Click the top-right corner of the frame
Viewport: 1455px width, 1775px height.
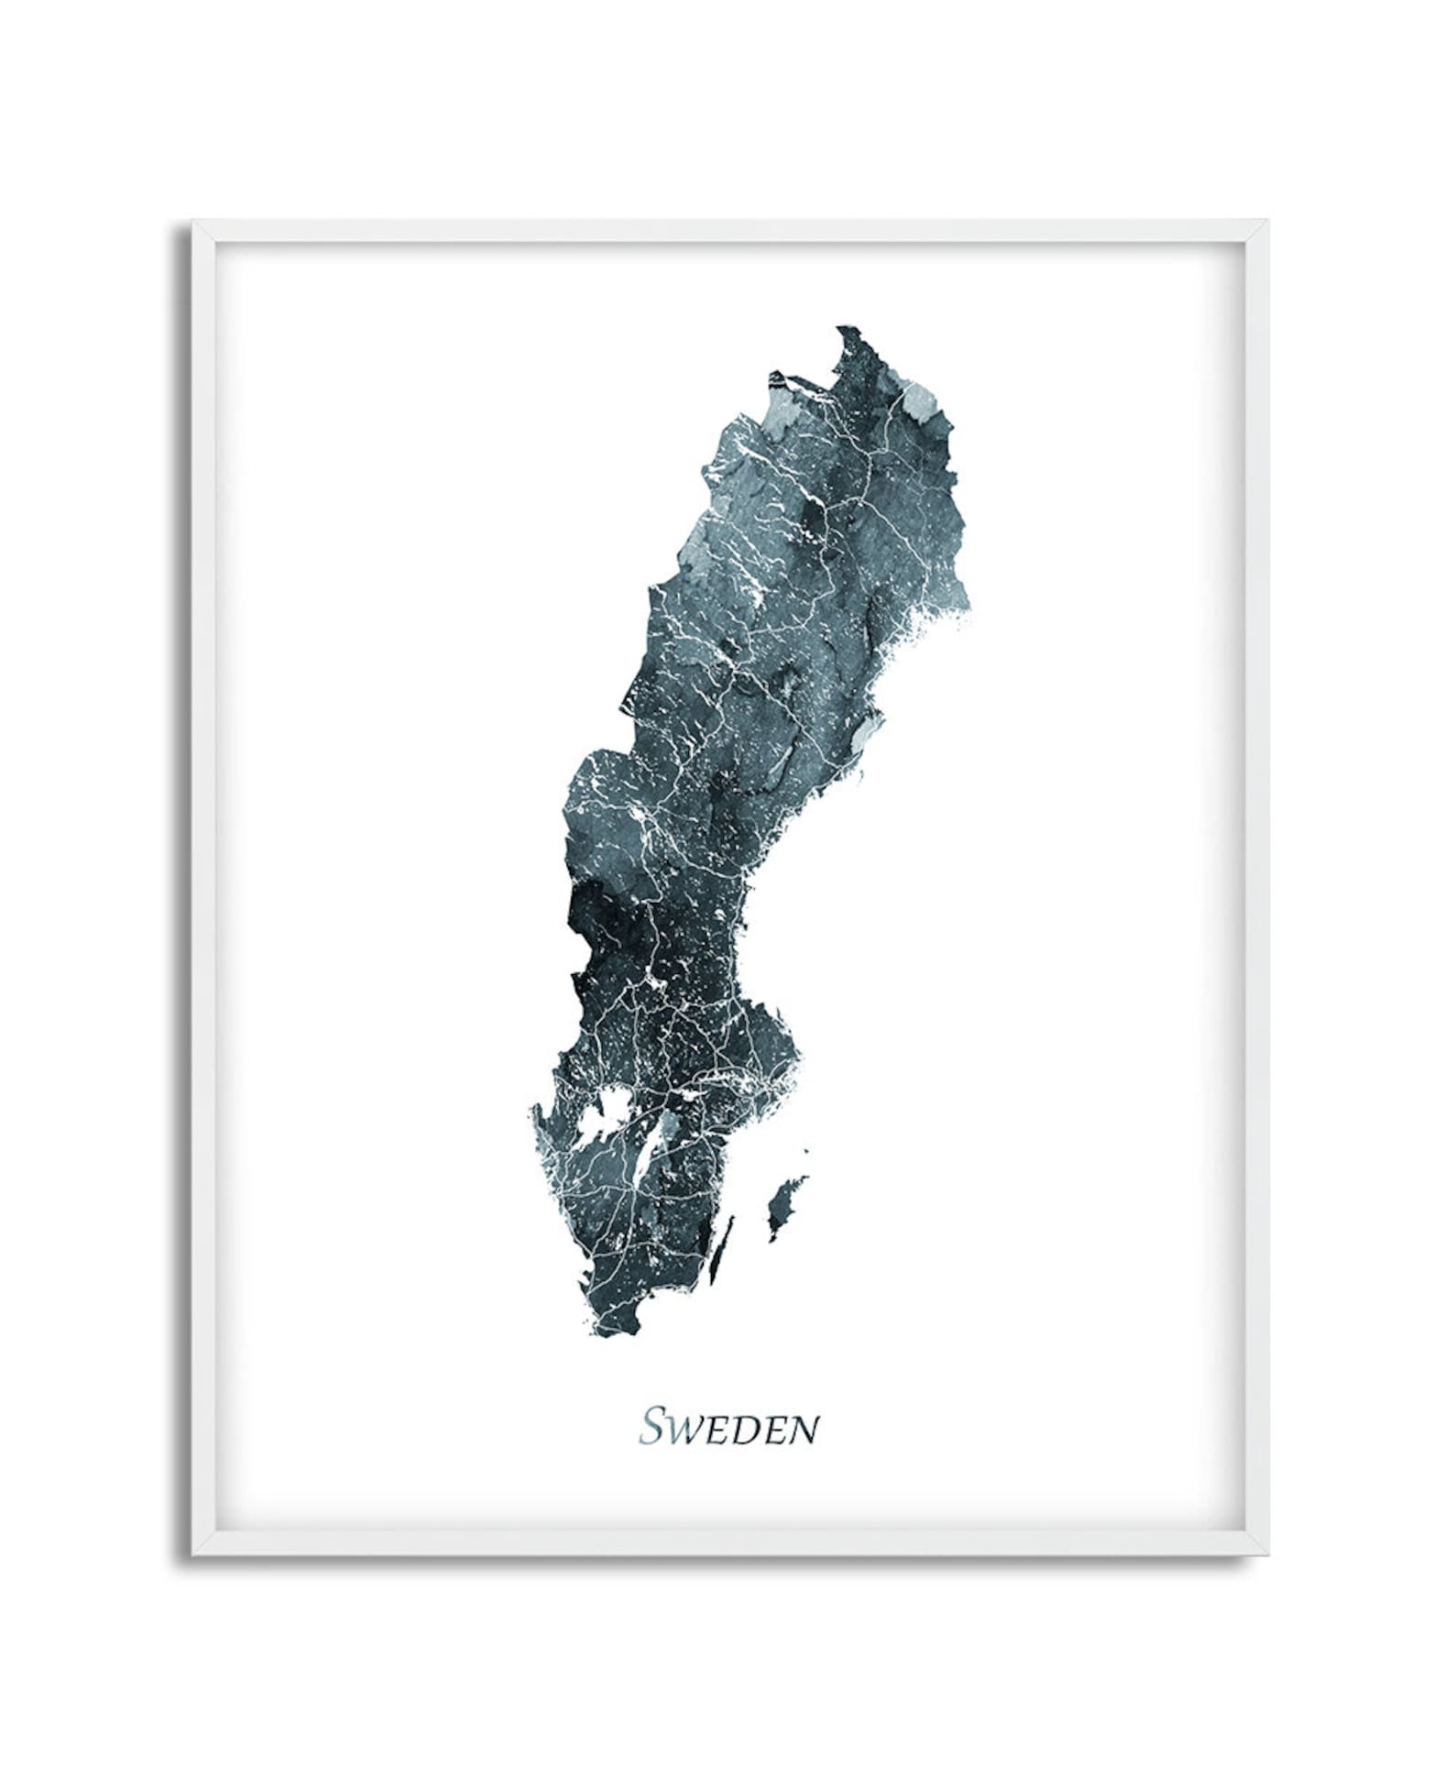1267,223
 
